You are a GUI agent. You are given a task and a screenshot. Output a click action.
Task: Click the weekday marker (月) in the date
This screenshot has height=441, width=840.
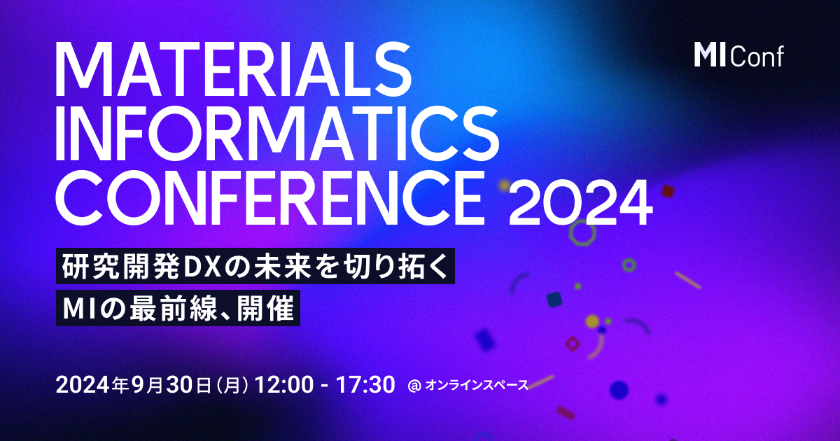(x=230, y=385)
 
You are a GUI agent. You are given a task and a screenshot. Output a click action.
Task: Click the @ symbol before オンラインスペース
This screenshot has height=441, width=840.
(x=413, y=385)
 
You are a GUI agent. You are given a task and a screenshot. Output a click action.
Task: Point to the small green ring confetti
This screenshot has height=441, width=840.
(x=629, y=265)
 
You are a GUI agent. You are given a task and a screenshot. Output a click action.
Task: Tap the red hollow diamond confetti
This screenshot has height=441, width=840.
(x=573, y=343)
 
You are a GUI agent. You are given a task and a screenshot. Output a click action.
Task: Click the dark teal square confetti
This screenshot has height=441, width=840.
(x=554, y=300)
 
